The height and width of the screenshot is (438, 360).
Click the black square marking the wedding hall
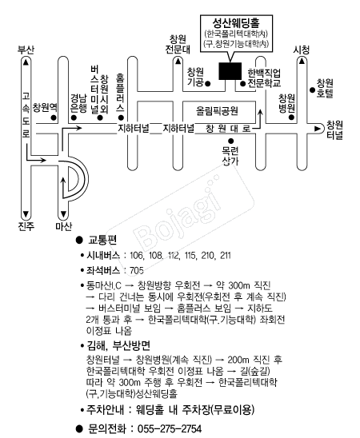click(230, 71)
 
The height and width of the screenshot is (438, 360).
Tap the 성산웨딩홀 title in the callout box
click(236, 23)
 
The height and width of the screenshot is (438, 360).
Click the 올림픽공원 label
click(217, 111)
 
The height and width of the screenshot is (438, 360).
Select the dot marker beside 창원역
click(54, 117)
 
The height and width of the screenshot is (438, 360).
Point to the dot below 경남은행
click(74, 117)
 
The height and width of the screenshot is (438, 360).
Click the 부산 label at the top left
click(26, 50)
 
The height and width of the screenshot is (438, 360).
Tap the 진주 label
click(26, 225)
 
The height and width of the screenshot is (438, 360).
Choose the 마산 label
click(64, 225)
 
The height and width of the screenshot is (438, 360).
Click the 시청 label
click(302, 50)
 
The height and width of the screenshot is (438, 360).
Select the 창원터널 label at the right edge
click(335, 130)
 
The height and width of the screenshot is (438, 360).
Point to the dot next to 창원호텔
click(313, 90)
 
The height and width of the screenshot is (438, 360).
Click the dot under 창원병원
click(291, 117)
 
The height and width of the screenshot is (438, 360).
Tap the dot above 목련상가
click(230, 141)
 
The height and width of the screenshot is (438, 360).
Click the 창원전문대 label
click(178, 44)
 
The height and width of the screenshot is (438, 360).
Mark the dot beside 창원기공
click(208, 83)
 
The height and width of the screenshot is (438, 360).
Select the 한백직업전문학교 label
click(264, 78)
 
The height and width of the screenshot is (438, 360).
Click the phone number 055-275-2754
click(170, 428)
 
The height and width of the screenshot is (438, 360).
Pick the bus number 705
click(137, 270)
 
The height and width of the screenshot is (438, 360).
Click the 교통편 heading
click(102, 240)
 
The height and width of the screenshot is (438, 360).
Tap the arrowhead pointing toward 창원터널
click(318, 129)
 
